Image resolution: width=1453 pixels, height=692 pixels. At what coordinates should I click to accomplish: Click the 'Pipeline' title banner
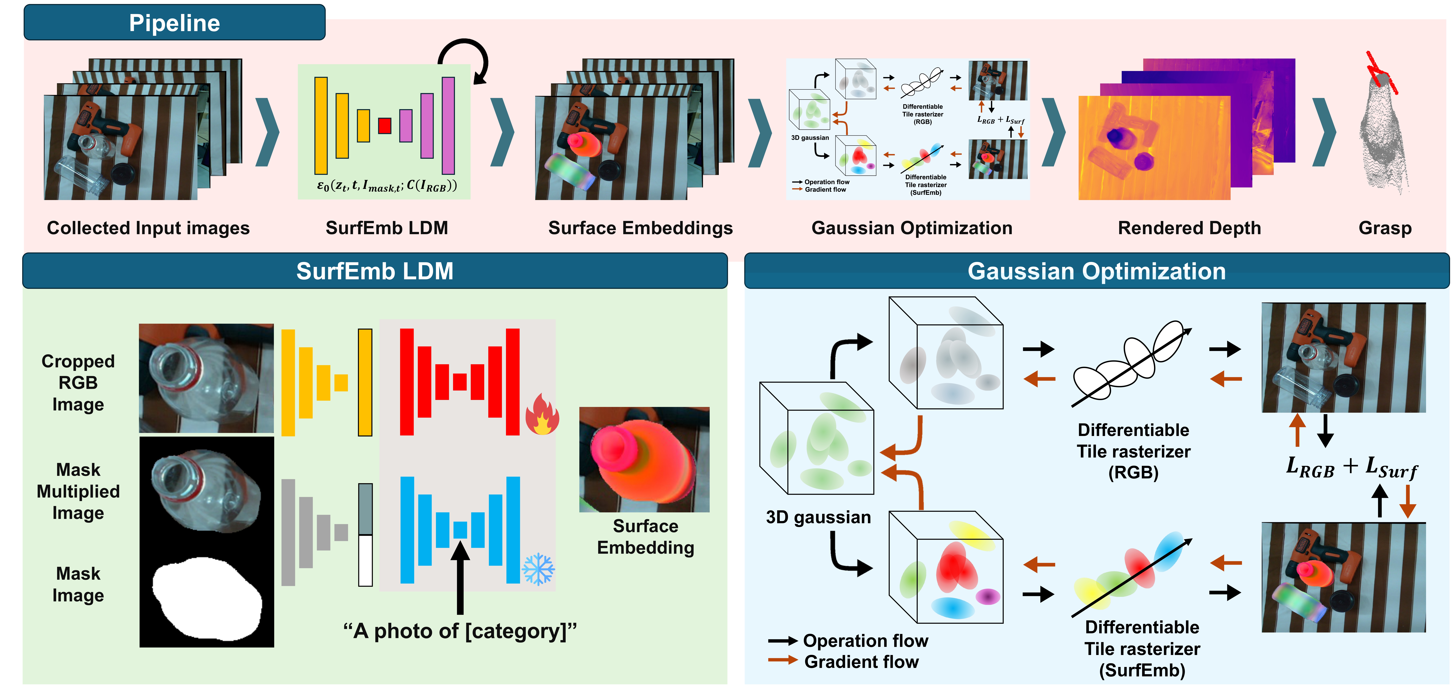click(174, 22)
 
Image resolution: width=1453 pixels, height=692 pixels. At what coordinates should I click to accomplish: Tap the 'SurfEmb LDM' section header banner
click(375, 271)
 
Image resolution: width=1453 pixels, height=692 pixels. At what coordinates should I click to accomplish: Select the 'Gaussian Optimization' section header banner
click(1096, 271)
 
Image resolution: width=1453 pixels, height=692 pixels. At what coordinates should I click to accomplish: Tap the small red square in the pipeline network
click(385, 125)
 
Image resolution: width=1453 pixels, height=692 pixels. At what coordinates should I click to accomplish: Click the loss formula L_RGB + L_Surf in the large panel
click(1352, 467)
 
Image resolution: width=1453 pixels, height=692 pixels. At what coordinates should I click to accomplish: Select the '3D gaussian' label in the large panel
click(818, 517)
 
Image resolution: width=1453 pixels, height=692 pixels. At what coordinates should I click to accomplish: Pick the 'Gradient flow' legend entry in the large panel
click(844, 662)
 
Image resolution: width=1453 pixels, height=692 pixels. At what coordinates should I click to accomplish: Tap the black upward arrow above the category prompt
click(460, 576)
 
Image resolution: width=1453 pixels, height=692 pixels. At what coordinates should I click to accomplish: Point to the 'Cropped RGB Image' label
click(78, 383)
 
